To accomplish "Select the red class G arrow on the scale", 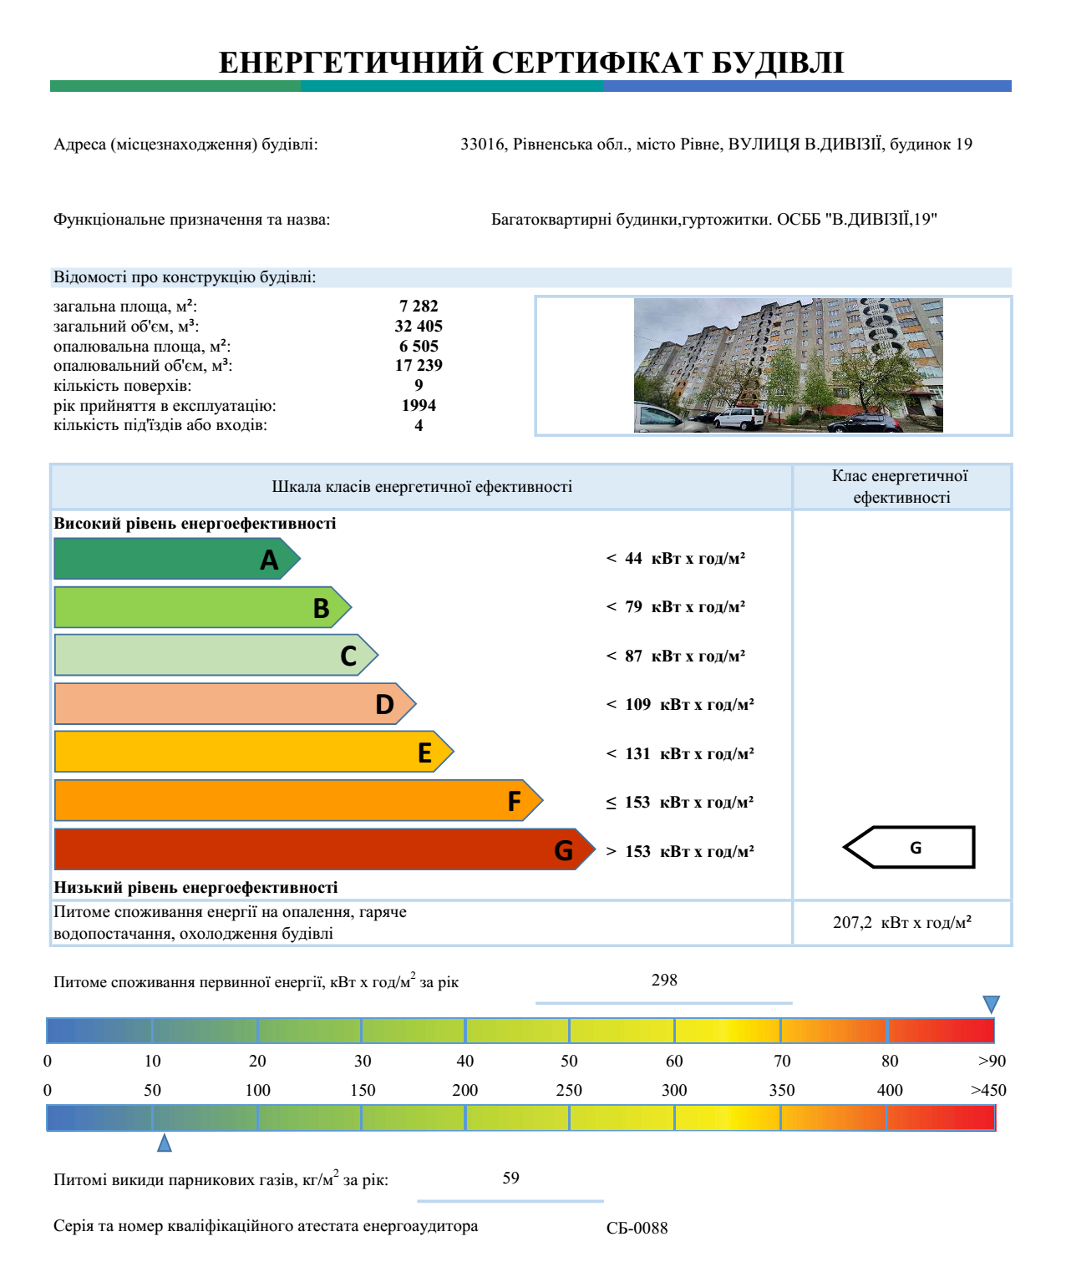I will click(317, 849).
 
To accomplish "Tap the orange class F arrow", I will click(292, 801).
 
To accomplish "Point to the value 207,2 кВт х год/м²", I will click(902, 923).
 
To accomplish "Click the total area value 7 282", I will click(419, 307).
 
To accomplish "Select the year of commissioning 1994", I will click(419, 406).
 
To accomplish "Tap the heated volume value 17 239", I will click(419, 366).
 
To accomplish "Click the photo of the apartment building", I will click(788, 365).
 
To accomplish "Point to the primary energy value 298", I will click(664, 981).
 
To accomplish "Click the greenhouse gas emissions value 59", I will click(510, 1178).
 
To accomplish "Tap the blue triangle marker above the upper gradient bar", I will click(991, 1004).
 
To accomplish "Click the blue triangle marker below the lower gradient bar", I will click(165, 1143).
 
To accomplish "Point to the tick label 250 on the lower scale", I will click(569, 1091).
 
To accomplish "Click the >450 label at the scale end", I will click(988, 1091).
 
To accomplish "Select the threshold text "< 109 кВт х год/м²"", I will click(680, 705).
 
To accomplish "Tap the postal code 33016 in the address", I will click(483, 144).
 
